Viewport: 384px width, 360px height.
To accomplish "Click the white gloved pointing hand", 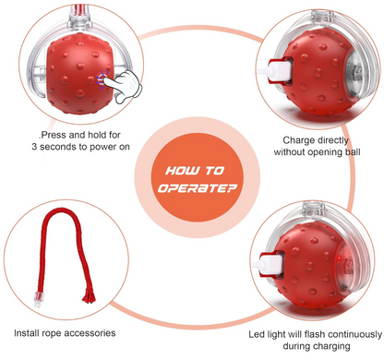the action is pos(123,86).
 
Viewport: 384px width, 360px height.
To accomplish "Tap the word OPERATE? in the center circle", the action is pos(197,188).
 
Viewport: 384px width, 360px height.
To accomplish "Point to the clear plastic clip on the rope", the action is pos(37,300).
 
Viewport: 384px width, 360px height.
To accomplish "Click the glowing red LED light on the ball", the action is pos(340,258).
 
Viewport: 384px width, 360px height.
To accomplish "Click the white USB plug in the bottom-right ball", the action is pos(267,264).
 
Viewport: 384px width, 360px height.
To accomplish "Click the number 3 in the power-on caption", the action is pos(34,147).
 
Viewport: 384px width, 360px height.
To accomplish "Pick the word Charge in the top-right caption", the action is pos(297,140).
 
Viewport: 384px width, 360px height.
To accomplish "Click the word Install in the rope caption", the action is pos(27,333).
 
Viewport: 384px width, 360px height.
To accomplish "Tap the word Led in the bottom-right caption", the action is pos(257,334).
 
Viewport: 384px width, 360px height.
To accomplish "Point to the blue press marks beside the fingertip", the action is pos(101,79).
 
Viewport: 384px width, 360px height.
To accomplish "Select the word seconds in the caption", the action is pos(59,147).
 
